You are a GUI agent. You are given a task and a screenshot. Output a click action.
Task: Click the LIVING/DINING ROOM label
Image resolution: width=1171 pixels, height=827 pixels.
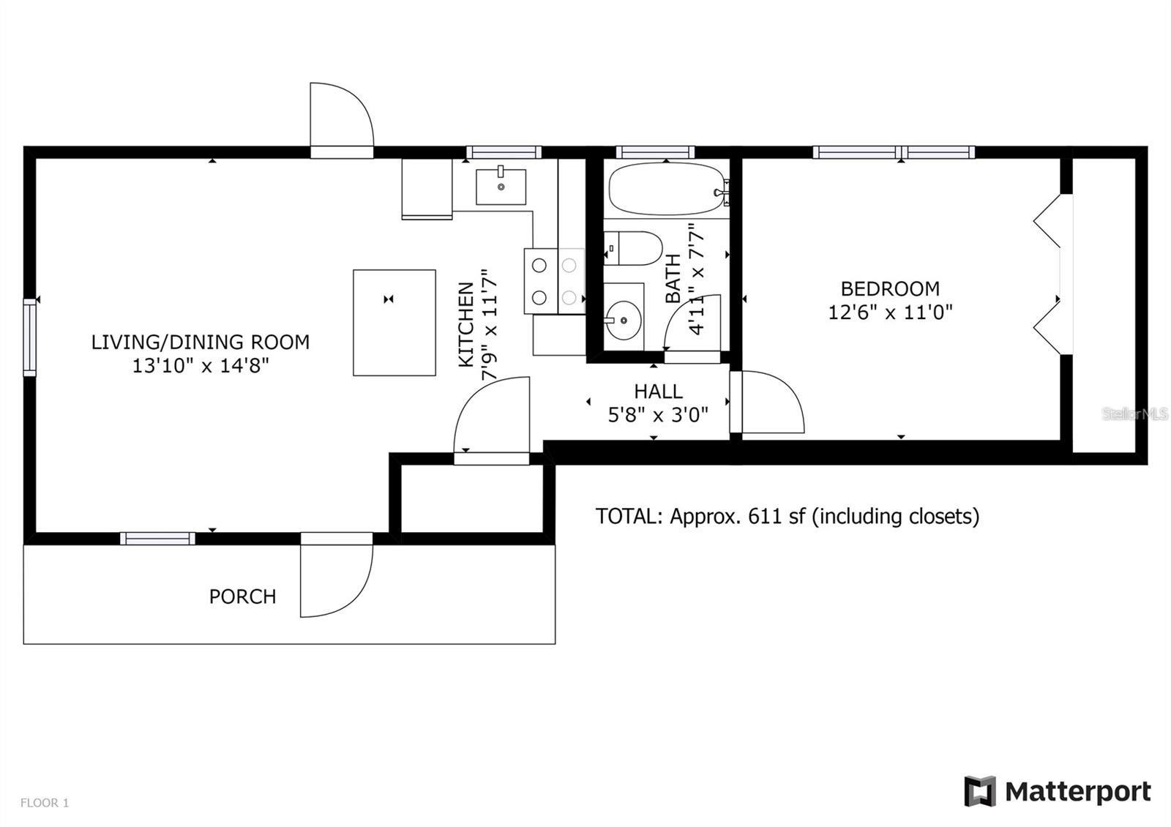[x=200, y=342]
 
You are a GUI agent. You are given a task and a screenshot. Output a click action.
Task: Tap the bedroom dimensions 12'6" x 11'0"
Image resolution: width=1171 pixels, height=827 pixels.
[x=890, y=313]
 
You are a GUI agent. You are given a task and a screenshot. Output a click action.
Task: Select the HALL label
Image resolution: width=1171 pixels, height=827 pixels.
[x=658, y=391]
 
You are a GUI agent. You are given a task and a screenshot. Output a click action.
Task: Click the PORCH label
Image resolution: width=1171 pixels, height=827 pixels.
[x=242, y=596]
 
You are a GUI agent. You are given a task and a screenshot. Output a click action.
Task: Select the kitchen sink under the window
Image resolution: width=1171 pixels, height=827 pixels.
[x=501, y=187]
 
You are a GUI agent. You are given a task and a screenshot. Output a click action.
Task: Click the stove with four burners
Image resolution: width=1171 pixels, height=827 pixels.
[x=554, y=282]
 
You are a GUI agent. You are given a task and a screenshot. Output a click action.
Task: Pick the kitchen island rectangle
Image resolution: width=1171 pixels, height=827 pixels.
[x=394, y=323]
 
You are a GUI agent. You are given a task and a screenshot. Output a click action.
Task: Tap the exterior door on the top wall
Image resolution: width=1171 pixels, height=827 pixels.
[x=340, y=117]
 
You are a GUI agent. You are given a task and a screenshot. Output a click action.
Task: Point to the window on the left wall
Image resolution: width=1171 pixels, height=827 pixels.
[x=29, y=337]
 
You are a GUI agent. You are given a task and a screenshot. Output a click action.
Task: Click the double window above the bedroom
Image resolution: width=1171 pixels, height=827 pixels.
[x=894, y=152]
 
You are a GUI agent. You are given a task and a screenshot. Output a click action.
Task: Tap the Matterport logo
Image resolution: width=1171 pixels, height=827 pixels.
[x=1058, y=791]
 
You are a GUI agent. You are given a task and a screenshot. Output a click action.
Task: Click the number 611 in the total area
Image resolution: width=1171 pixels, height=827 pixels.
[x=763, y=516]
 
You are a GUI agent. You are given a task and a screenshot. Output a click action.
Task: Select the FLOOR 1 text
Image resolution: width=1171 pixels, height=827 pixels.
[x=44, y=803]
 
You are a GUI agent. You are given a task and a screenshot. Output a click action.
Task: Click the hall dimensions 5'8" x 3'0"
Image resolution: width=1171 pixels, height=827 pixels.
[x=658, y=416]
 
